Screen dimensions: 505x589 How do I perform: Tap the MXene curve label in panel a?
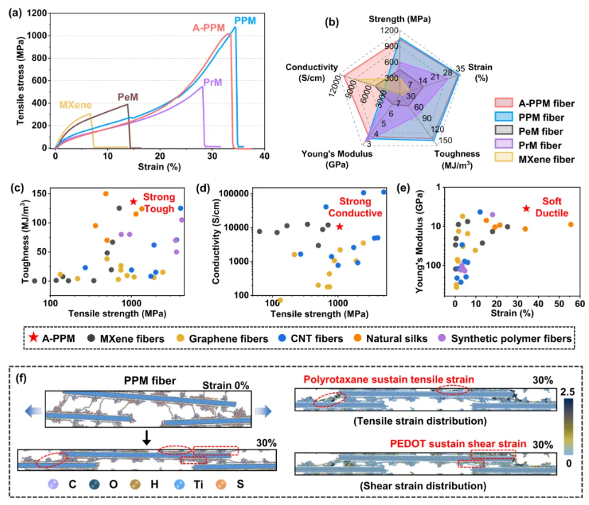click(x=75, y=105)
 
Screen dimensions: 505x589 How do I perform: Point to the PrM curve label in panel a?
click(x=212, y=83)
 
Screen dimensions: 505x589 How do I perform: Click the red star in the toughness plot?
click(x=133, y=202)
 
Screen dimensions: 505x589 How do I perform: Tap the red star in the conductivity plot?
click(x=340, y=226)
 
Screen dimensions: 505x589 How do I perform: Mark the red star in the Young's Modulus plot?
click(x=526, y=209)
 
